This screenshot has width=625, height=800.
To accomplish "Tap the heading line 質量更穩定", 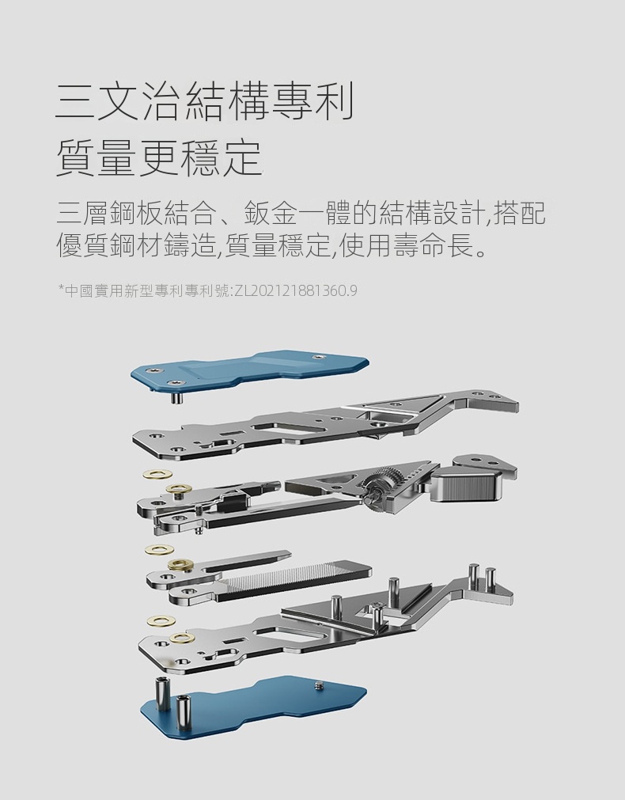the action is (158, 157).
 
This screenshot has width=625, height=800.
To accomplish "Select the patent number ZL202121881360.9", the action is (295, 291).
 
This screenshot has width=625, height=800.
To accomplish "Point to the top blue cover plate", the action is (249, 370).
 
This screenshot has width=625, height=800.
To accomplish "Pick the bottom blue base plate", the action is (253, 701).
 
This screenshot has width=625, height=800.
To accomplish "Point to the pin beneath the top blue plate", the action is (177, 396).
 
